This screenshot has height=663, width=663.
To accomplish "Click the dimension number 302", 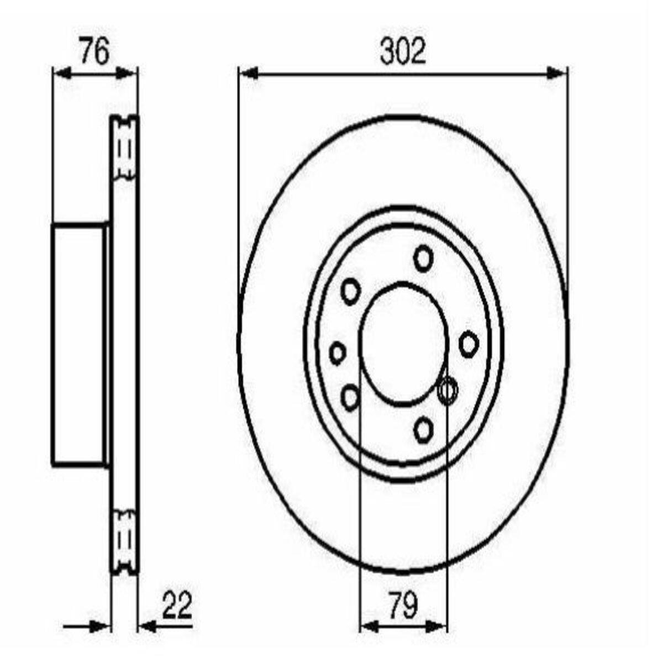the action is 403,51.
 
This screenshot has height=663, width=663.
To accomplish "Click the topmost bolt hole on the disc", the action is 423,259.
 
